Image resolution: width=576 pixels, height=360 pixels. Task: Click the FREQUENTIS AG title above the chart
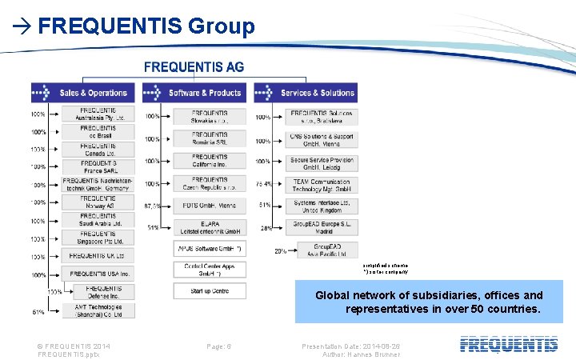click(194, 66)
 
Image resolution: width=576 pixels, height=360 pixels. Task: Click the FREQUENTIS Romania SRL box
click(210, 138)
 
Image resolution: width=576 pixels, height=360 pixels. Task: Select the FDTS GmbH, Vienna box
click(210, 206)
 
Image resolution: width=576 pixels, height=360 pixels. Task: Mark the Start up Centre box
click(210, 290)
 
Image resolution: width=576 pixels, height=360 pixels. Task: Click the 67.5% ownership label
click(151, 206)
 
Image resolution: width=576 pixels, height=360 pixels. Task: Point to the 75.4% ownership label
click(263, 184)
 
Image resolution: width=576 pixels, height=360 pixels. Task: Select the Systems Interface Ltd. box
click(321, 206)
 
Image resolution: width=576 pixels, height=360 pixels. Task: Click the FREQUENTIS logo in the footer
click(509, 345)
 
